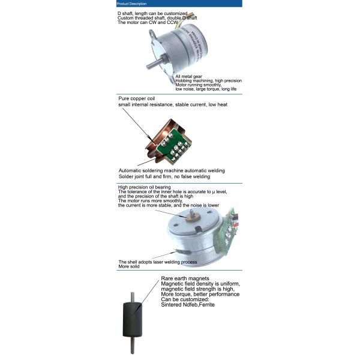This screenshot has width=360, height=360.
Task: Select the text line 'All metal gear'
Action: (190, 76)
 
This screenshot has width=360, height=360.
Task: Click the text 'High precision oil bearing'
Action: (144, 187)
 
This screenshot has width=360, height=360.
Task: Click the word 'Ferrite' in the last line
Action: (204, 305)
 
